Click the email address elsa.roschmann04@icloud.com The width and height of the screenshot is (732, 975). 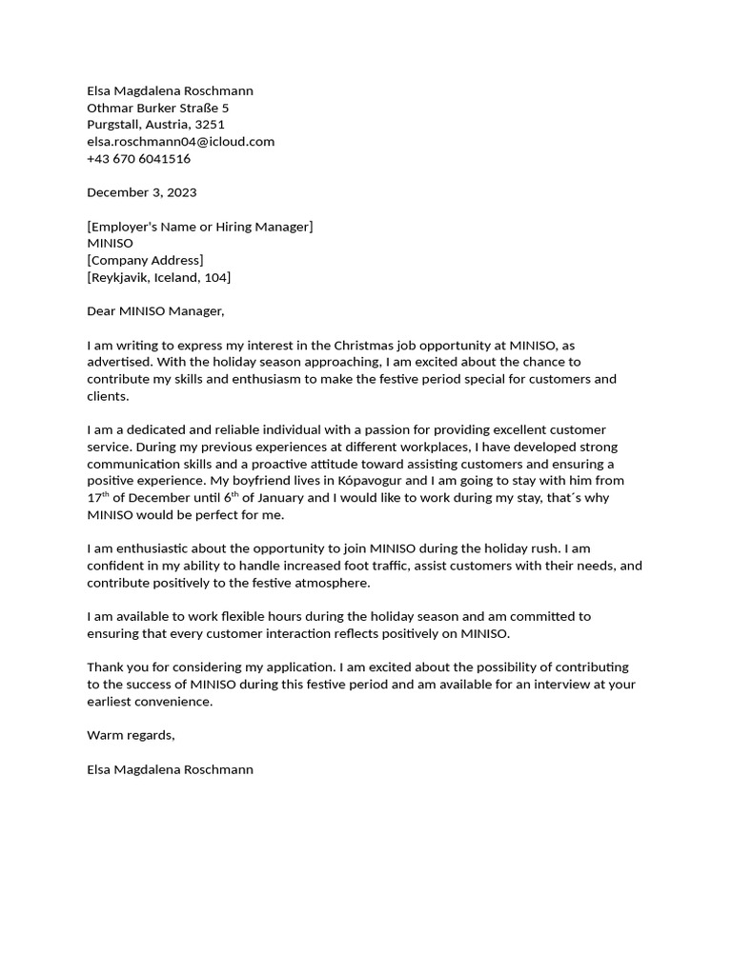pos(180,141)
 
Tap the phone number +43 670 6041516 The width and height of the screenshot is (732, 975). pos(138,158)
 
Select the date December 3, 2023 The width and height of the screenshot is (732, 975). pos(141,192)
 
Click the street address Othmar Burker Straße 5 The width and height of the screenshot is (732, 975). pos(157,108)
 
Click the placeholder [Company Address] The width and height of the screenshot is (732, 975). pos(145,260)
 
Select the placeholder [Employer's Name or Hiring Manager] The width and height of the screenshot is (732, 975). pos(199,227)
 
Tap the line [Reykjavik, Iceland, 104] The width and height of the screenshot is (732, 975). pos(158,277)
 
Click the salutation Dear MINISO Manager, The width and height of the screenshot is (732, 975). pos(155,311)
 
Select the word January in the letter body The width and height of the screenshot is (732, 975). pos(277,498)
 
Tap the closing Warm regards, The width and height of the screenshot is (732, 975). pos(131,735)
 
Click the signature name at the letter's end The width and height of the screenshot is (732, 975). pos(170,768)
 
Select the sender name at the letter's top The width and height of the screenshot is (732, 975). pos(170,90)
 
